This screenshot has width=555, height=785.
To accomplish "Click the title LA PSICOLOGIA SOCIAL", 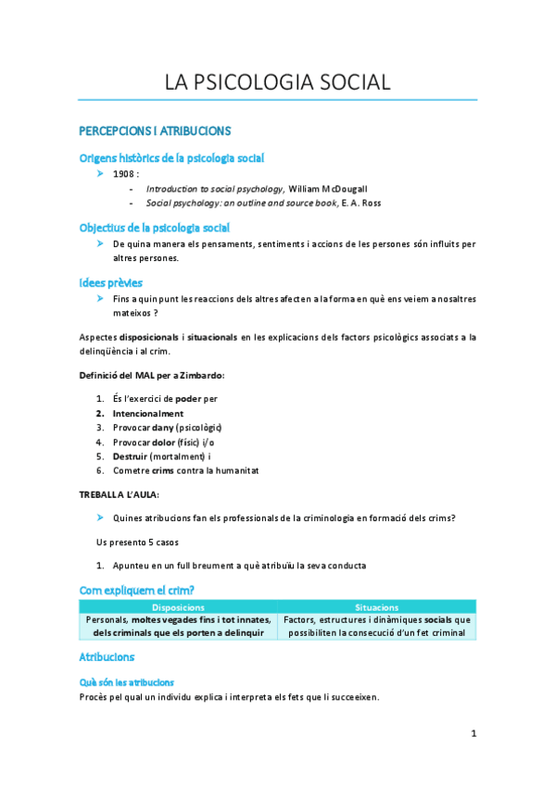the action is [277, 81].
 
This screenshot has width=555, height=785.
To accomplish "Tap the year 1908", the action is [124, 173].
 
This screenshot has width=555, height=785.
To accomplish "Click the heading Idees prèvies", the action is [111, 282].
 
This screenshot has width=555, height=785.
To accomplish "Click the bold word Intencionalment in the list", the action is [148, 413].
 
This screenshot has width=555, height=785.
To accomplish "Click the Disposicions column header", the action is [177, 606].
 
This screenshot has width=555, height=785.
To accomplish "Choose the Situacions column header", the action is [376, 606].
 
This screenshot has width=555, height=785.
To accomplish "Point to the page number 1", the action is [473, 734].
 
